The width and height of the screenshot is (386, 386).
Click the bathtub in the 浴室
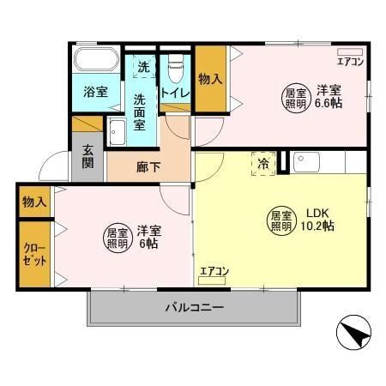96,61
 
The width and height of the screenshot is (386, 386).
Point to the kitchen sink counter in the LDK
329,161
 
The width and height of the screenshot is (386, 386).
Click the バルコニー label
195,306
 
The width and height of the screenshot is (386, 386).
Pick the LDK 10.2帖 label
319,219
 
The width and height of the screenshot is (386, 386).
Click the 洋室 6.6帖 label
328,96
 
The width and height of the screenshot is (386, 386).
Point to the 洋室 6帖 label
150,237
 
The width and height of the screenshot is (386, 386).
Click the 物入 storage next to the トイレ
210,79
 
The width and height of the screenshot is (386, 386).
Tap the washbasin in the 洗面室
118,132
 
